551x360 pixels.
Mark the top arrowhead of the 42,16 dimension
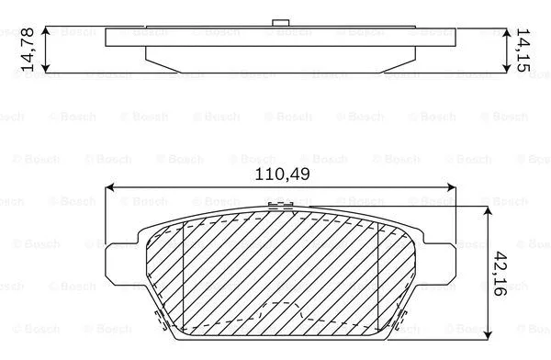485,210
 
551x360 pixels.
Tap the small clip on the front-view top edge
273,207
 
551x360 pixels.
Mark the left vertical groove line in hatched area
185,276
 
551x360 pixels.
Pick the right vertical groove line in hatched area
378,276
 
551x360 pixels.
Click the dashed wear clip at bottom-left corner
158,320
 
